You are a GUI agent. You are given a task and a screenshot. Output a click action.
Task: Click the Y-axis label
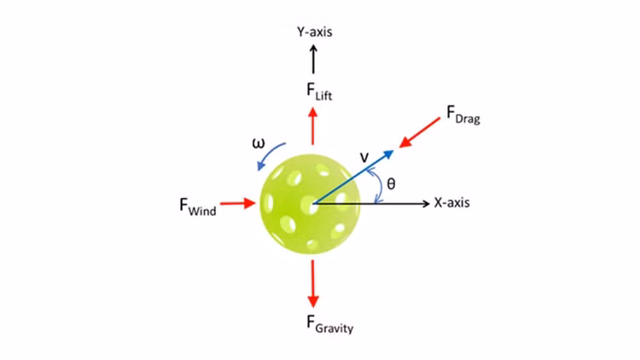[314, 32]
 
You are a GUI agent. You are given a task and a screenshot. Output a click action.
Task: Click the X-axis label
[451, 202]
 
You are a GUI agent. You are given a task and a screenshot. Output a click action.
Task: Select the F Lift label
[319, 91]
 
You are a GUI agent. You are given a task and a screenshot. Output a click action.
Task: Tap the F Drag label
[463, 114]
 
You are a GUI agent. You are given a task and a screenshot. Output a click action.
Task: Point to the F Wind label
[198, 206]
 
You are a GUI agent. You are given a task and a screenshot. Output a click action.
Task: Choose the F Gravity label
[329, 324]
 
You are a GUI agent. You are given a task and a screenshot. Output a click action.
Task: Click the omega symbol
[259, 143]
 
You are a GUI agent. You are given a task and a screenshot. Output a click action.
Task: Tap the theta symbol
[391, 184]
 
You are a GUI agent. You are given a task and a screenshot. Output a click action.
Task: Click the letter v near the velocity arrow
[364, 157]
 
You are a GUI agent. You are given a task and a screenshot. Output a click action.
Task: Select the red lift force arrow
[313, 126]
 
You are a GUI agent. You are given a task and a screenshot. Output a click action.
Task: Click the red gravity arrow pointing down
[313, 284]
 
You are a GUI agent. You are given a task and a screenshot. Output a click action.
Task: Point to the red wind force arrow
[238, 203]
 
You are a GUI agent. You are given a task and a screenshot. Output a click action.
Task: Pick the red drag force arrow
[420, 132]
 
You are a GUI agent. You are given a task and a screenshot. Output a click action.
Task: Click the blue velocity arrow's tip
[393, 152]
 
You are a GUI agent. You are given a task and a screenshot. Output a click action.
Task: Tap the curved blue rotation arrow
[271, 154]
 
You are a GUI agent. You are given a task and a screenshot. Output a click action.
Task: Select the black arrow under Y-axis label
[313, 59]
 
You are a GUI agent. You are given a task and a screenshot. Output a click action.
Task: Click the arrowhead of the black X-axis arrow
[426, 203]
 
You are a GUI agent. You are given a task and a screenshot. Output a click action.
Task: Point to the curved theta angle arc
[381, 186]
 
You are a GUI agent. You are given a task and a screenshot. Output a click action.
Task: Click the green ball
[311, 204]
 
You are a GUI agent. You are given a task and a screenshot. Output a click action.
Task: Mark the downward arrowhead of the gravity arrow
[313, 302]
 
